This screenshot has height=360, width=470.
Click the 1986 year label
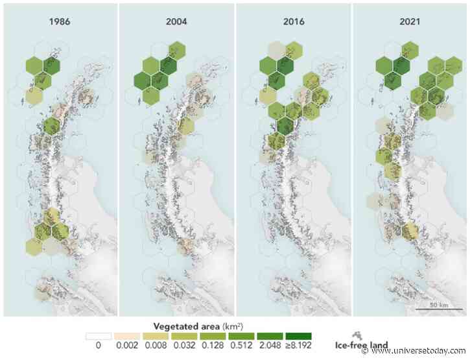coord(60,21)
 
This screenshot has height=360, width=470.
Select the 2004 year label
coord(176,21)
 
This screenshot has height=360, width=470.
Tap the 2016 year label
coord(293,21)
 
